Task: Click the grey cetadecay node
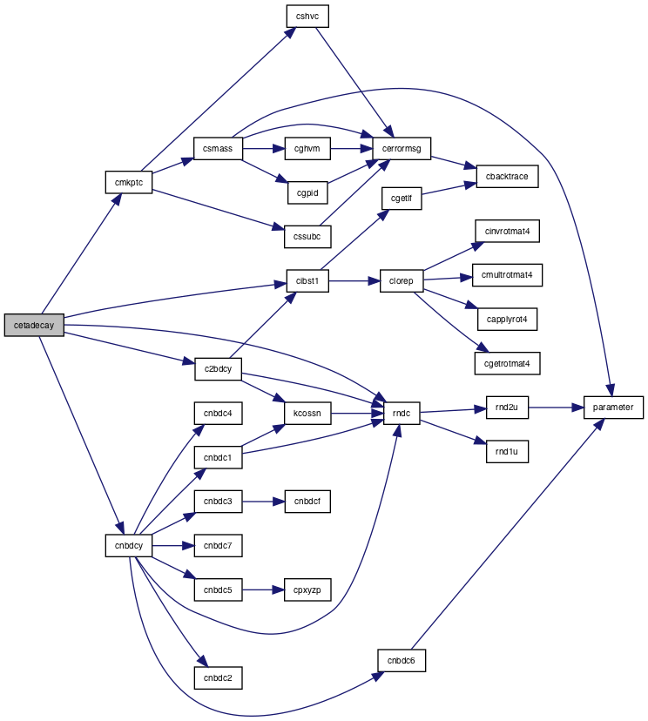click(x=34, y=325)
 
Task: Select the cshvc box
click(x=307, y=16)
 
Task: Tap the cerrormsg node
click(x=402, y=149)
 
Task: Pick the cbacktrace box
click(x=507, y=176)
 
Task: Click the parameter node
click(x=613, y=407)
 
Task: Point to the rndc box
click(x=402, y=413)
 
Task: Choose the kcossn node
click(x=307, y=413)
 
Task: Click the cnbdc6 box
click(x=401, y=660)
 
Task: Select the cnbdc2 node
click(x=218, y=677)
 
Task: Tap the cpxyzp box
click(x=307, y=590)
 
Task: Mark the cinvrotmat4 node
click(x=507, y=231)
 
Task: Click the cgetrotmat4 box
click(x=507, y=363)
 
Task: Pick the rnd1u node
click(x=507, y=452)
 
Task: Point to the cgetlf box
click(x=402, y=199)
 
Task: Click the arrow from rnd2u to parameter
click(x=556, y=408)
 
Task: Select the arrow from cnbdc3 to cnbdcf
click(x=264, y=502)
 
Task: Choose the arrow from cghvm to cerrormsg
click(x=351, y=149)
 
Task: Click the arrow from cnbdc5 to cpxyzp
click(x=263, y=590)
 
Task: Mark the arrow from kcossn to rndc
click(x=357, y=413)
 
